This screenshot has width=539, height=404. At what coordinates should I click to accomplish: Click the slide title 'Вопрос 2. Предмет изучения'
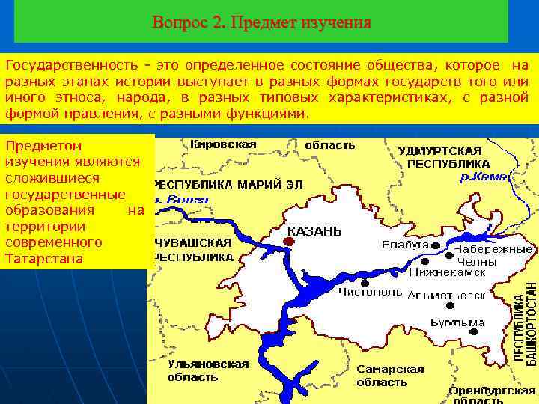[261, 22]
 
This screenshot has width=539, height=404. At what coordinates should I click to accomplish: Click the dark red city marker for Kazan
[288, 241]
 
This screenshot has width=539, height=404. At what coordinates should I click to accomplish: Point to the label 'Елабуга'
[405, 245]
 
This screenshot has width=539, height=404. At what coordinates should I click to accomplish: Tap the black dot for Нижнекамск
[424, 263]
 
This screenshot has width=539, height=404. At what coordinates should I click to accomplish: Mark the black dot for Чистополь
[365, 283]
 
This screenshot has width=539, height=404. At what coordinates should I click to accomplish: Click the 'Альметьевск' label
[446, 295]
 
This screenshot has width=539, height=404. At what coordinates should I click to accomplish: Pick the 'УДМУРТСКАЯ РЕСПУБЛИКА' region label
[444, 157]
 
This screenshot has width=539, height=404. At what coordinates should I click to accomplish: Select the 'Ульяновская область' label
[208, 370]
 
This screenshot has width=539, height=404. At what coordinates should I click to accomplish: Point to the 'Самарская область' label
[390, 376]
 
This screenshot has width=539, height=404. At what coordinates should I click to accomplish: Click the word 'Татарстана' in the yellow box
[40, 259]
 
